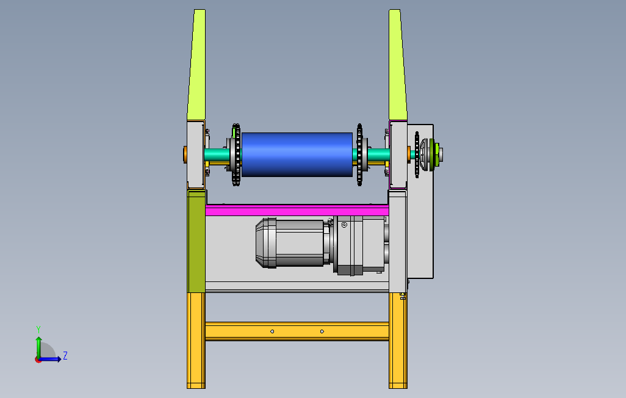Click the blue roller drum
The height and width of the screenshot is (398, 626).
click(x=297, y=154)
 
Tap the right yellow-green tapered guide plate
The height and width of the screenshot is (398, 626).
click(x=398, y=65)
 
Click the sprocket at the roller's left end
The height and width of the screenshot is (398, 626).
click(x=236, y=154)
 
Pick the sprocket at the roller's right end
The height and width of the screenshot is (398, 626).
click(x=360, y=154)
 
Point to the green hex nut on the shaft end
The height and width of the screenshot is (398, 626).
click(x=436, y=154)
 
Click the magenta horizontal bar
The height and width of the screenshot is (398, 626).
click(x=297, y=210)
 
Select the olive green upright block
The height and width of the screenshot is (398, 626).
click(x=196, y=241)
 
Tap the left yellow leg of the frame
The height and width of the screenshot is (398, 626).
click(x=196, y=341)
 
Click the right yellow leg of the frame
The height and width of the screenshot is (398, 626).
click(x=398, y=341)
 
